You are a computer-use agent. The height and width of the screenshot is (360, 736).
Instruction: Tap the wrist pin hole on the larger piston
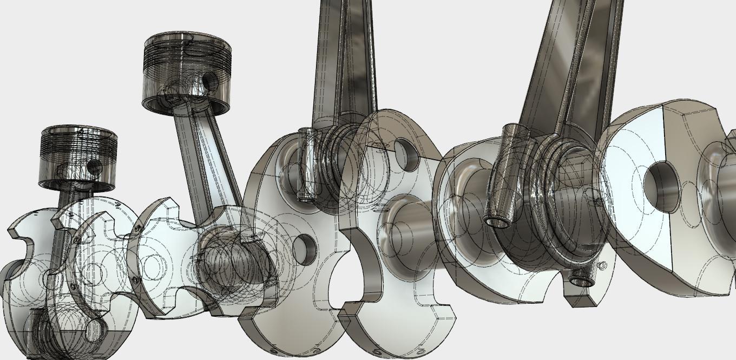(210, 82)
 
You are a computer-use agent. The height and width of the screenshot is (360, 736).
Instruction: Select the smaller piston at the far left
(79, 157)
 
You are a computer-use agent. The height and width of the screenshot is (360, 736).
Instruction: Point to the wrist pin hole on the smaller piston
(94, 166)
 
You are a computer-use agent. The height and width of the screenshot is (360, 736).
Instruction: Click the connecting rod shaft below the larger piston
(206, 157)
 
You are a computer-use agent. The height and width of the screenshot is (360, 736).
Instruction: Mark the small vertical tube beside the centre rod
(306, 165)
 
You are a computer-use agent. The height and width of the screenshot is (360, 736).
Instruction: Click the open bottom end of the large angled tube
(496, 221)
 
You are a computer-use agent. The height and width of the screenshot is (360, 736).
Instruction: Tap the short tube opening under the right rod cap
(581, 282)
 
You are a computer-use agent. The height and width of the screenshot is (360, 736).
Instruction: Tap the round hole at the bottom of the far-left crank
(95, 330)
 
